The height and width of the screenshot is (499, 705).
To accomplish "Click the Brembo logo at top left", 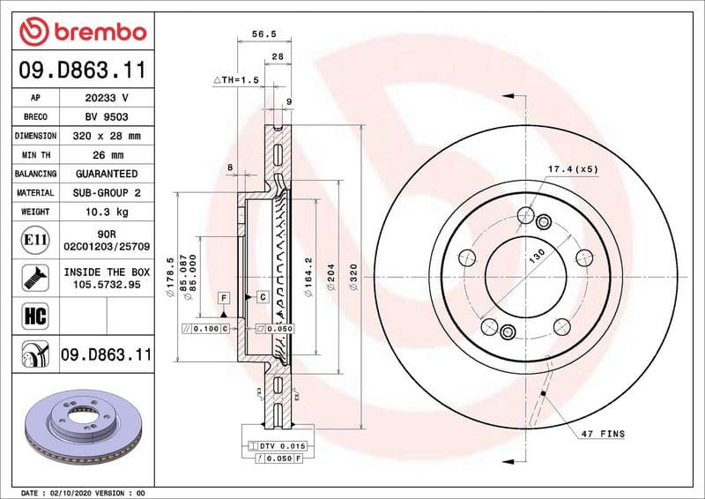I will point(82,32).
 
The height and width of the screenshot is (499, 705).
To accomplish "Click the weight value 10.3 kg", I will point(107,212).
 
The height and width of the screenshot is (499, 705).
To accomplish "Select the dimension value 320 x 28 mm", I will point(107,136).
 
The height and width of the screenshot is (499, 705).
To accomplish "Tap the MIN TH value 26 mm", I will point(107,155).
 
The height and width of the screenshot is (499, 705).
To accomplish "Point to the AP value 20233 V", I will point(107,98).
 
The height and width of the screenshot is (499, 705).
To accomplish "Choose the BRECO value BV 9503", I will point(107,116).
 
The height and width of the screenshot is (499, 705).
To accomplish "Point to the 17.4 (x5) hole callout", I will point(574,168).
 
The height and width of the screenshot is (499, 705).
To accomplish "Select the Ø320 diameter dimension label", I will point(352,279).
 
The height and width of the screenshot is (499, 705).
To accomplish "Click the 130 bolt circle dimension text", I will point(537,258).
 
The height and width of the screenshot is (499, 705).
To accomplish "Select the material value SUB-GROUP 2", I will point(107,192).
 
